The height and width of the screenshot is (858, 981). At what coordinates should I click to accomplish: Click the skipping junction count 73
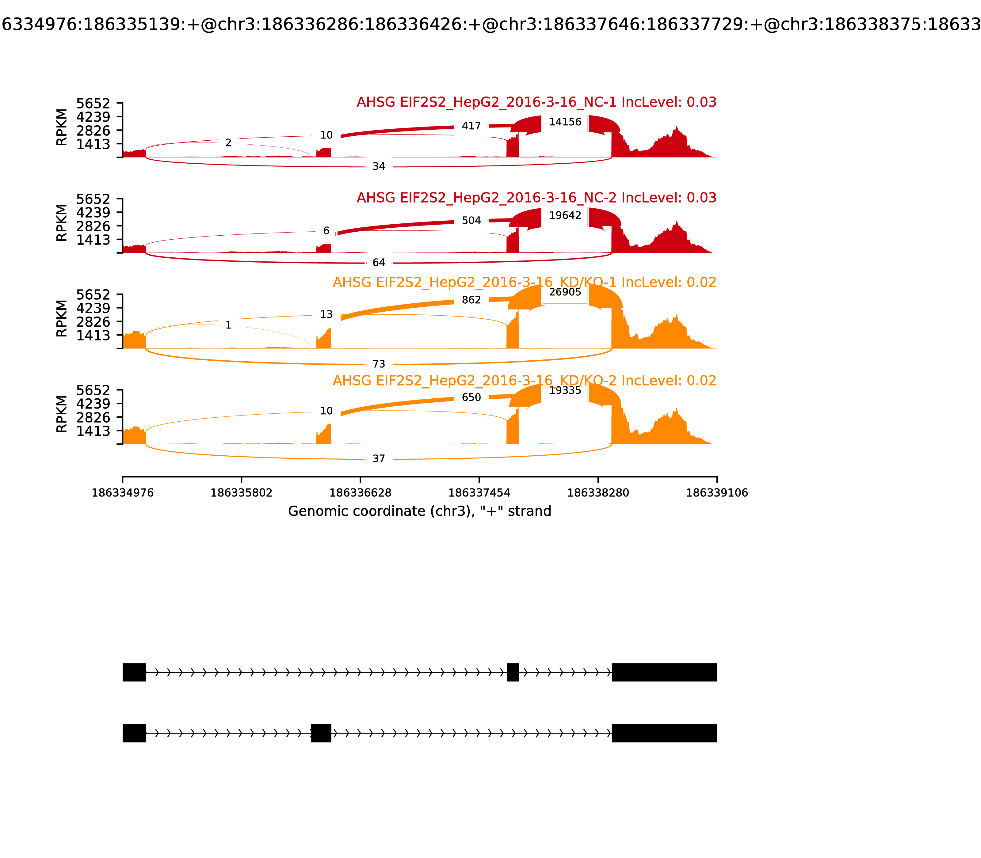[378, 364]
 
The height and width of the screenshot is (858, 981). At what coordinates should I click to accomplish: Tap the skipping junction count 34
[378, 167]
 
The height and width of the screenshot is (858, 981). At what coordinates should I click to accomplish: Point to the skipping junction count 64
[378, 262]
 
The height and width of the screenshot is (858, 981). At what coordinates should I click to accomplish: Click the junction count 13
[326, 315]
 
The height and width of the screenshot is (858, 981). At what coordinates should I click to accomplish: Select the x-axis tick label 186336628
[360, 493]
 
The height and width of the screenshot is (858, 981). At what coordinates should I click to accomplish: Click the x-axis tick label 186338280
[598, 493]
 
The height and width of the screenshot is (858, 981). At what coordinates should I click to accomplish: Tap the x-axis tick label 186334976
[123, 493]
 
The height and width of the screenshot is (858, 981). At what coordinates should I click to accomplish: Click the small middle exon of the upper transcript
[513, 672]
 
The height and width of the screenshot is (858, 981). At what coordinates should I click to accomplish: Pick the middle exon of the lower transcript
[321, 733]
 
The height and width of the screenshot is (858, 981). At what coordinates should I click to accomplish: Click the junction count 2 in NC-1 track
[228, 143]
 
